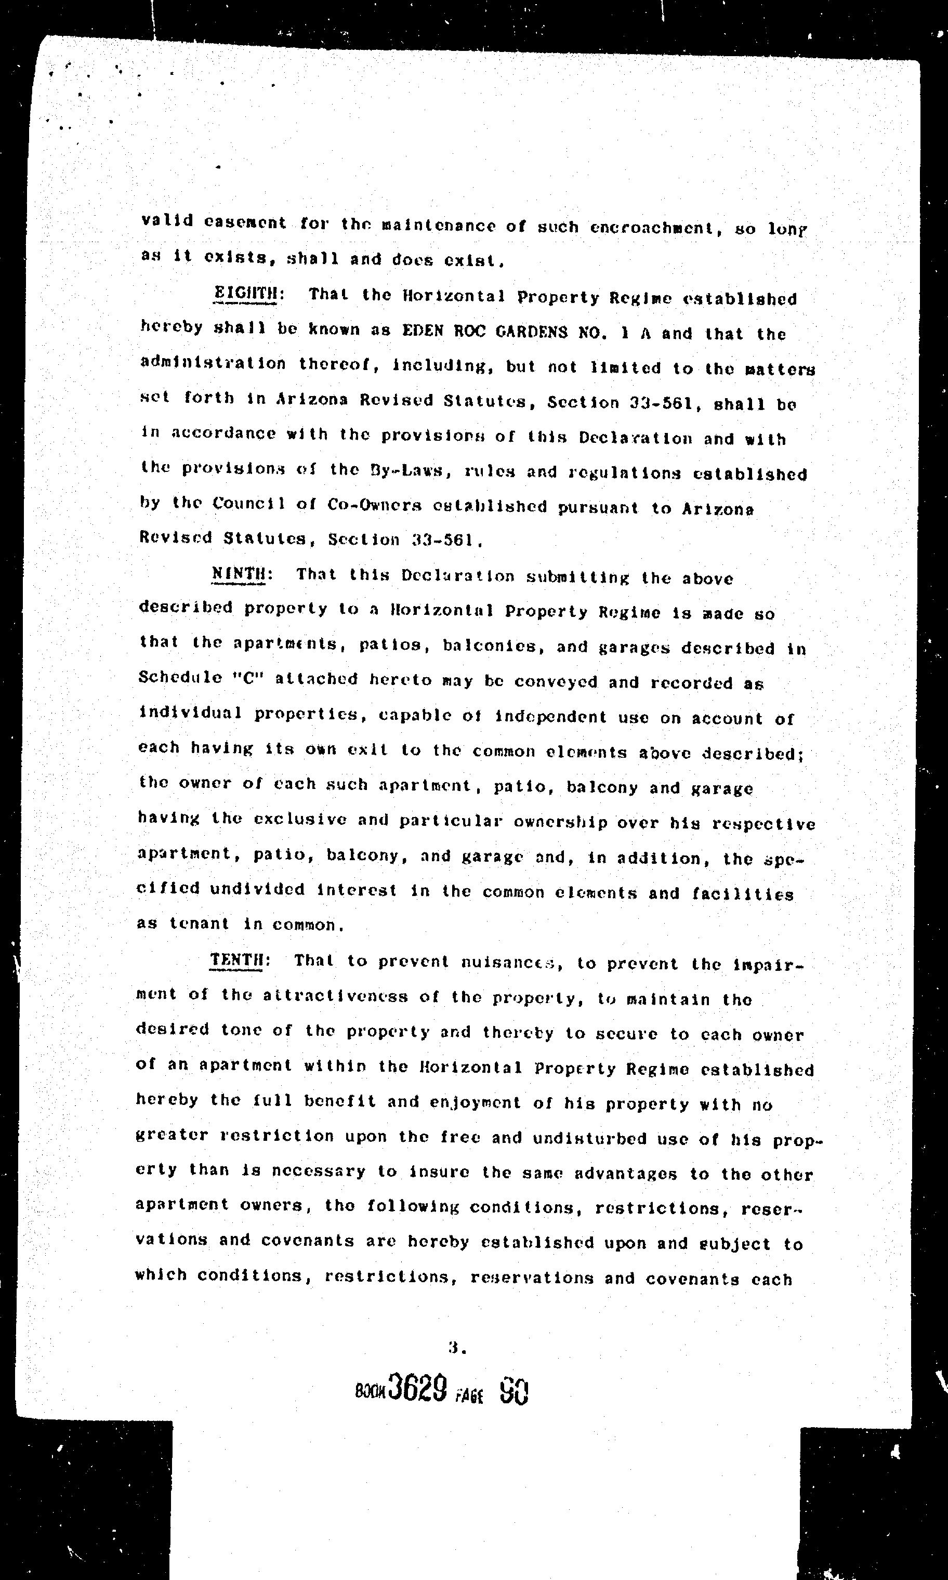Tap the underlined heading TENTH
(236, 960)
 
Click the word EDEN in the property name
(422, 332)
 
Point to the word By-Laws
(401, 471)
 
